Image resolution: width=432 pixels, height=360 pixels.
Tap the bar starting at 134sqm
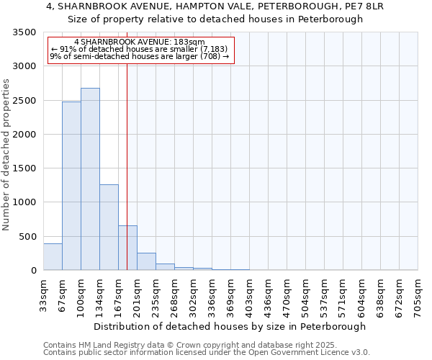coord(109,227)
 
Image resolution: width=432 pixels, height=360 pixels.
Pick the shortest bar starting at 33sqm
coord(53,257)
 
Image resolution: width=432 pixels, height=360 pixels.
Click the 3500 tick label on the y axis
coord(24,33)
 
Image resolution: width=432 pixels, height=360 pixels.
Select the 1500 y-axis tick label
coord(24,168)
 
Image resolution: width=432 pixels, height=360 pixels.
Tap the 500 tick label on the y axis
coord(27,237)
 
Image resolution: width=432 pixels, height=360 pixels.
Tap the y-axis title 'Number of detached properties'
coord(6,155)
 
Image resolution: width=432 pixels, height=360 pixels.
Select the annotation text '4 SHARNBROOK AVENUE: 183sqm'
coord(140,42)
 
